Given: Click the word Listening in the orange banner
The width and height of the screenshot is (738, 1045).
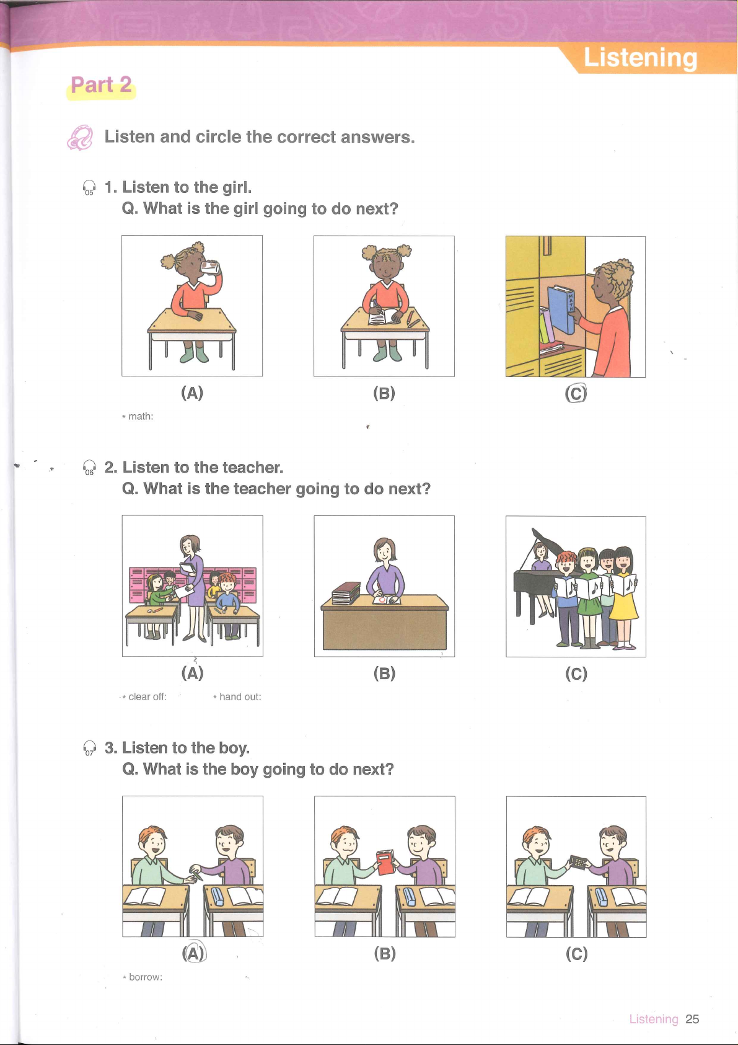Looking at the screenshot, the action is [640, 58].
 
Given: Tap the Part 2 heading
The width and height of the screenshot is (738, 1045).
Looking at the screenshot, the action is [101, 85].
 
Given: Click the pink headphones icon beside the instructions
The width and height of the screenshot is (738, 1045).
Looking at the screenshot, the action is [80, 138].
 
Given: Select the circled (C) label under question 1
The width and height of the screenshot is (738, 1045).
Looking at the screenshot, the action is [576, 394].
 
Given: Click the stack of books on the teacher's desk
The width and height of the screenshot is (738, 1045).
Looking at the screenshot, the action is [346, 594].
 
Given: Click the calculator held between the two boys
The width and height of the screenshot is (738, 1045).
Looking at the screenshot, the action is [578, 862].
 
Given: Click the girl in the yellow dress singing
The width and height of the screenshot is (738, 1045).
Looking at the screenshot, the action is [624, 597].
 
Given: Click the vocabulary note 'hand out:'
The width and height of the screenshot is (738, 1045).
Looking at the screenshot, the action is [237, 697].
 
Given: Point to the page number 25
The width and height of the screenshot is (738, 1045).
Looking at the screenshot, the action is [692, 1020].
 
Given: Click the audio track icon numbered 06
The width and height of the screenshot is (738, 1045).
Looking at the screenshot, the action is [89, 468].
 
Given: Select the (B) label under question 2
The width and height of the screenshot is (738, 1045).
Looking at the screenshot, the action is [384, 674].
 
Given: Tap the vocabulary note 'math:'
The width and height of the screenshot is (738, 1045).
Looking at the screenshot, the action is [138, 416].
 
